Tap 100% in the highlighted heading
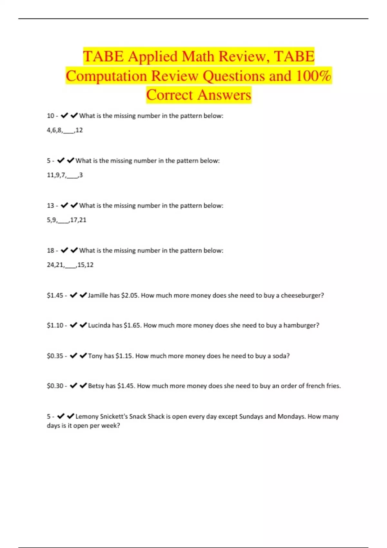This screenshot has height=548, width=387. [313, 76]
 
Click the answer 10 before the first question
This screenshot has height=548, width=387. [51, 116]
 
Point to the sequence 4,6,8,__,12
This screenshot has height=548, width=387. [65, 130]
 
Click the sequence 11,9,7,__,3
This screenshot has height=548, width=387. [65, 175]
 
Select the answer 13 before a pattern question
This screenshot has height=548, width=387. [51, 206]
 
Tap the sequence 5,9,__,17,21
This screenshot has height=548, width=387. [67, 220]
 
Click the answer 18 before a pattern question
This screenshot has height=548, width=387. [51, 250]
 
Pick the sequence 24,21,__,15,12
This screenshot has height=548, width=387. [70, 265]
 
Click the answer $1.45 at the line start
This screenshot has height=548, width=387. [55, 295]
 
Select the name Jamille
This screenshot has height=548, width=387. [98, 295]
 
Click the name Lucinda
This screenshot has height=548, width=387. [99, 326]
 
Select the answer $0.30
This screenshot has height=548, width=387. [55, 386]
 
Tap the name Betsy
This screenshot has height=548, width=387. [96, 386]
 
